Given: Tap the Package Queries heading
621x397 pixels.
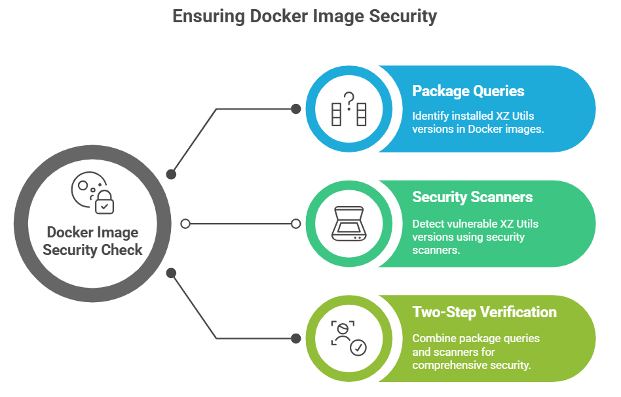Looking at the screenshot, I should point(468,92).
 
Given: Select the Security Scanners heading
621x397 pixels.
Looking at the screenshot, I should point(472,198).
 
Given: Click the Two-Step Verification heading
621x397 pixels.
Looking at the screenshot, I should point(484,312).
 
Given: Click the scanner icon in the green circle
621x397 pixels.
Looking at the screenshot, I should point(348,224).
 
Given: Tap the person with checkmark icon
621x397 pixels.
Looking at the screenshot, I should point(348,338).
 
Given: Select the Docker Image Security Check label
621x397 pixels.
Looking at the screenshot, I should point(92,241).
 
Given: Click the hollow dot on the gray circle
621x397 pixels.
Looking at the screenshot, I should point(185,224).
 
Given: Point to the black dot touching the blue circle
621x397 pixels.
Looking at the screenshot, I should point(296,109).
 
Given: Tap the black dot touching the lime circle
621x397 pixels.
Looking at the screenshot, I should point(296,338).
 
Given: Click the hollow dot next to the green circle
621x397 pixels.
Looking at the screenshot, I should point(296,224).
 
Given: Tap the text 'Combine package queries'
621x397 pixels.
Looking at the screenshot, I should point(476,338).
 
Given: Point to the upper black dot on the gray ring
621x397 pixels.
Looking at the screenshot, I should point(171,175).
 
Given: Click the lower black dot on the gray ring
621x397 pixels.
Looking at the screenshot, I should point(171,272).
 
